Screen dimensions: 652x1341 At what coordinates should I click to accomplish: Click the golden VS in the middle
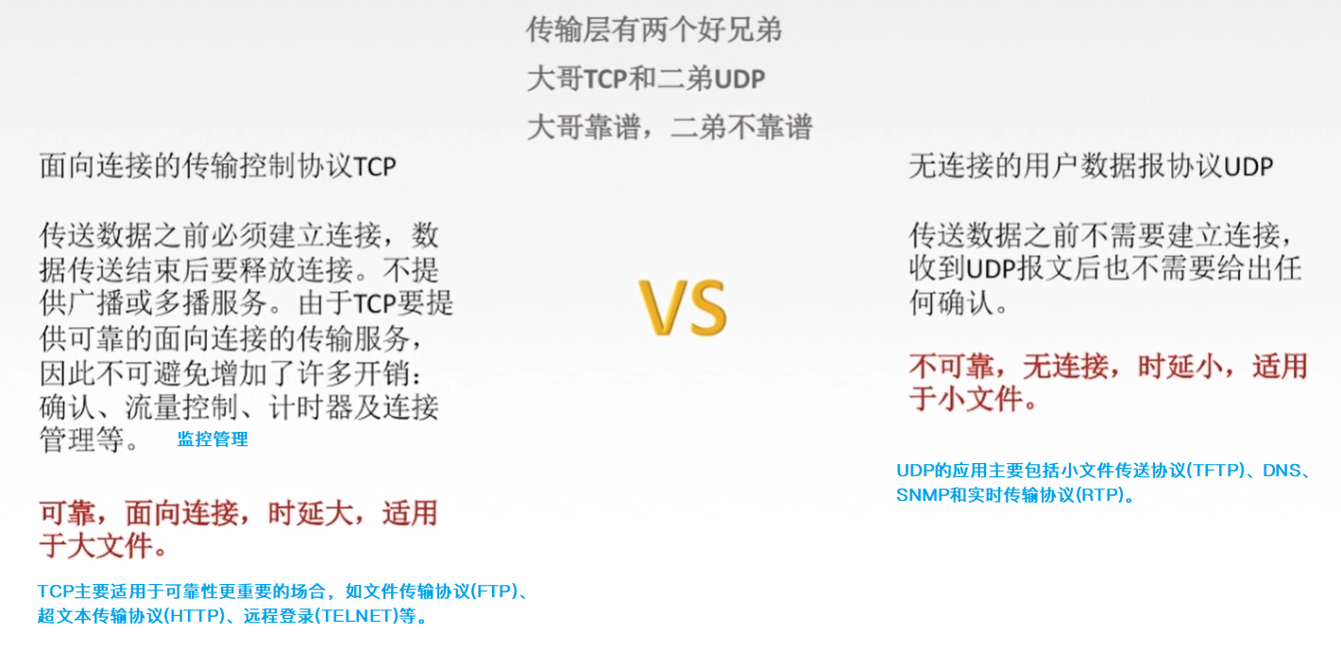[683, 307]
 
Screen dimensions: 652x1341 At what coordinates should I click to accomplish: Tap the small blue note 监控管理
[212, 439]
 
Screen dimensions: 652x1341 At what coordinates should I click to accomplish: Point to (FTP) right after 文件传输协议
[492, 592]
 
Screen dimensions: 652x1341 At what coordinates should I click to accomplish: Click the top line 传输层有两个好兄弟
[654, 30]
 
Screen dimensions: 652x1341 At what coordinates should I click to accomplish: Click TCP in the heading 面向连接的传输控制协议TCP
[374, 167]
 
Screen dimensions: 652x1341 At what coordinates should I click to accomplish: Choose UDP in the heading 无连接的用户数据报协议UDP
[1248, 167]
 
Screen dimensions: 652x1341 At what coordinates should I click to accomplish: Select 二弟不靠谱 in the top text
[741, 127]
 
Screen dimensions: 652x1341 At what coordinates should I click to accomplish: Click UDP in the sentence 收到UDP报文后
[991, 268]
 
